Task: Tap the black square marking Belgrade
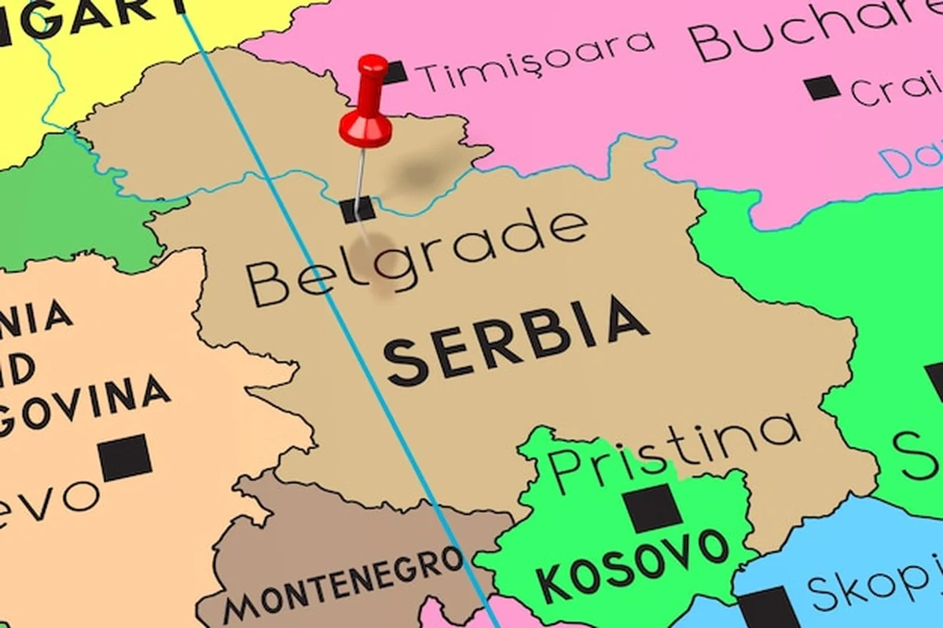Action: [358, 210]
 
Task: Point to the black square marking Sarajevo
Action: [126, 457]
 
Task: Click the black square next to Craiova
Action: [823, 86]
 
